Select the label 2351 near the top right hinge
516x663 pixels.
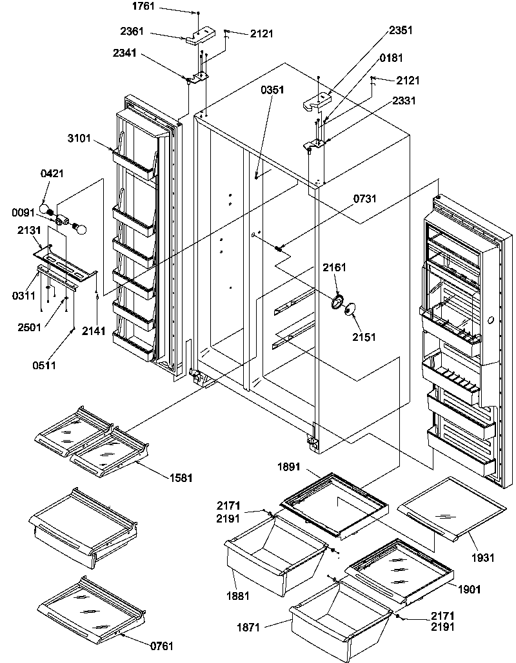point(401,30)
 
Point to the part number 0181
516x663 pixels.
point(392,59)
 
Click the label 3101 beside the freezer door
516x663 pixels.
point(79,137)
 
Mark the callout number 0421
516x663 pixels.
point(52,174)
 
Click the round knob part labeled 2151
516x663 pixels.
point(349,312)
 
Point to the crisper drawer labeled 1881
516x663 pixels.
point(274,561)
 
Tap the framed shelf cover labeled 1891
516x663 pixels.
point(335,503)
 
